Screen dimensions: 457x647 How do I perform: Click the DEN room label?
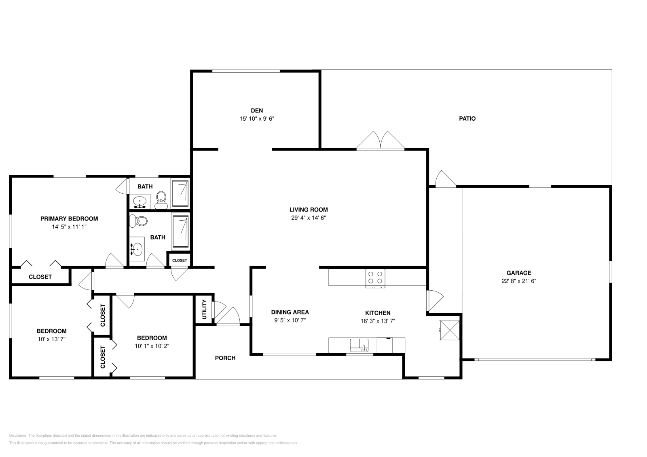click(257, 111)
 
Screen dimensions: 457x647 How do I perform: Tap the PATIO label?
click(467, 119)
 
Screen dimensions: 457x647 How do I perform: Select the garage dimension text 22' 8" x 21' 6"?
click(519, 281)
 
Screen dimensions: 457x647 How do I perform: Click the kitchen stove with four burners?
click(375, 278)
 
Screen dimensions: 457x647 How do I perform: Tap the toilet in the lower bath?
click(139, 221)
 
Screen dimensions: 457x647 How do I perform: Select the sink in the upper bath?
click(140, 201)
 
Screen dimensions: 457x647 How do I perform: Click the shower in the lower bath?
click(180, 232)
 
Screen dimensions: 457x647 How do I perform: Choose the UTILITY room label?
click(204, 309)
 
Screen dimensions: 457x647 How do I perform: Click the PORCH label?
click(225, 358)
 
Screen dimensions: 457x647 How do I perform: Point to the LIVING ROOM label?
click(309, 210)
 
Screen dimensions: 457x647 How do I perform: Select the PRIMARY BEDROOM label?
click(69, 219)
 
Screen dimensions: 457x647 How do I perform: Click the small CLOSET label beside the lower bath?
click(180, 260)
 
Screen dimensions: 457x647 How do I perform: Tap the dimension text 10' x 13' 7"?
click(52, 340)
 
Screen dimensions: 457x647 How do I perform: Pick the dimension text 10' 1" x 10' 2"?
click(152, 346)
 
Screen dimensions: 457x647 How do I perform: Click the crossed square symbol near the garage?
click(450, 330)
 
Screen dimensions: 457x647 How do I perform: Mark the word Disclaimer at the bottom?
click(17, 436)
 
